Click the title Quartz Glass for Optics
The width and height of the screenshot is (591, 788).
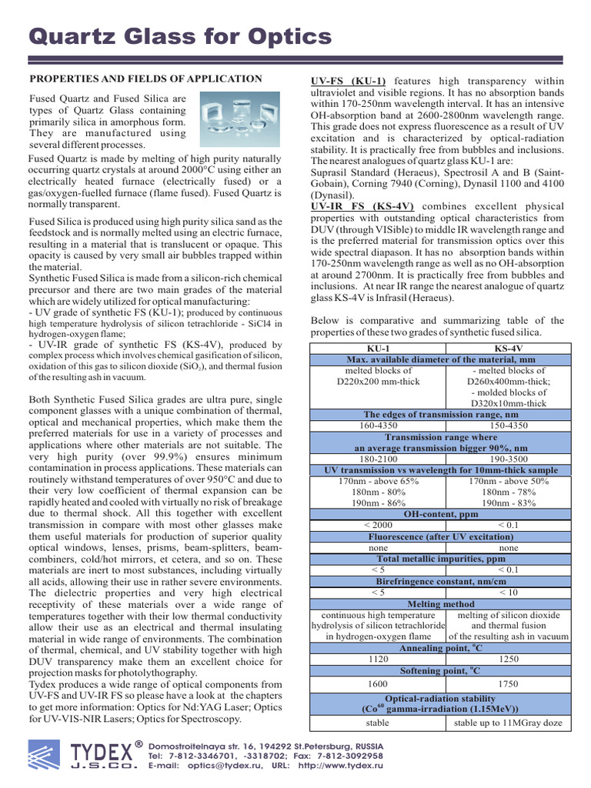pyautogui.click(x=180, y=37)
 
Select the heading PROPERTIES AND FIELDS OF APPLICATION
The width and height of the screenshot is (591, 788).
pyautogui.click(x=145, y=79)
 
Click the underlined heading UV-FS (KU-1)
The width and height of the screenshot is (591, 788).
pyautogui.click(x=348, y=81)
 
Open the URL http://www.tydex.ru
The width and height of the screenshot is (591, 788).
pyautogui.click(x=340, y=766)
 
